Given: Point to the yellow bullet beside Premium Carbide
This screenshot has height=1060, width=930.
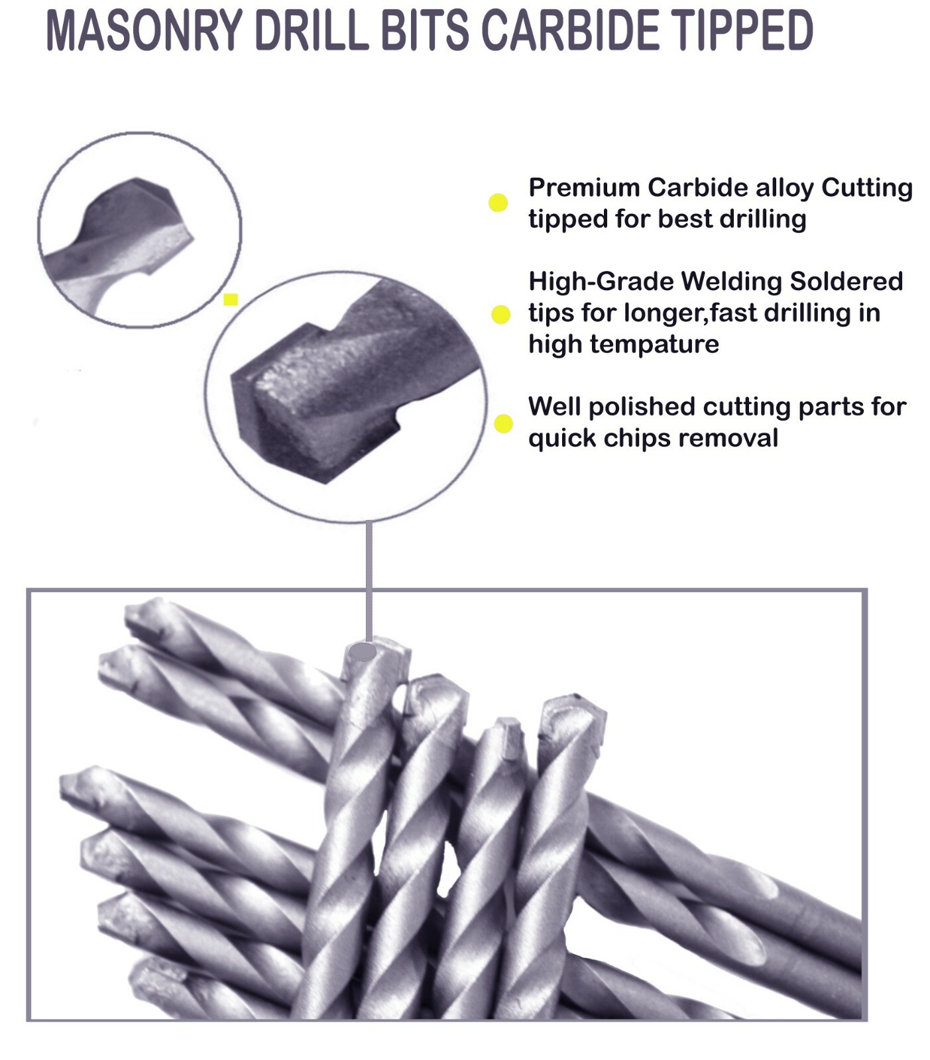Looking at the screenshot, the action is [498, 203].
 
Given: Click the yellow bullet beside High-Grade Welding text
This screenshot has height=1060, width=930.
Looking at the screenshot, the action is [500, 315].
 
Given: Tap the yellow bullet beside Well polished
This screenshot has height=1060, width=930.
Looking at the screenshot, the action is [503, 423].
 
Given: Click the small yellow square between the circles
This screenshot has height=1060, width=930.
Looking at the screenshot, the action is [231, 299].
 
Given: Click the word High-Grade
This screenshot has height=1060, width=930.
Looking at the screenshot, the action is [601, 282].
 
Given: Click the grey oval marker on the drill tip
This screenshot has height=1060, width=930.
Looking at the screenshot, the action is [363, 652].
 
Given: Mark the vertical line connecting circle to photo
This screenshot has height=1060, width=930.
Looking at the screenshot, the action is [369, 576].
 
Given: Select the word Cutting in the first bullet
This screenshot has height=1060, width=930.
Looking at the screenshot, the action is [866, 187].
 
